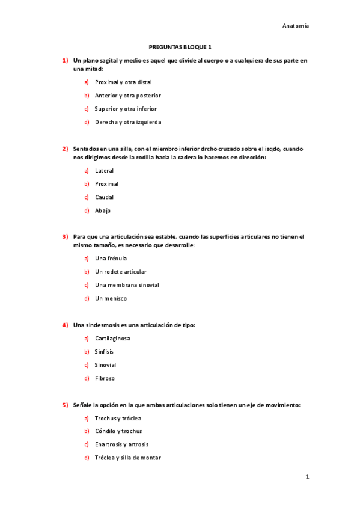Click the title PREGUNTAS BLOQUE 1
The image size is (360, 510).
[x=180, y=46]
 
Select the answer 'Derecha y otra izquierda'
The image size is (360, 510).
[x=127, y=122]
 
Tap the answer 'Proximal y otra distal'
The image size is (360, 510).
[x=123, y=82]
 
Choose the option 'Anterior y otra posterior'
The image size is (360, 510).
[x=127, y=95]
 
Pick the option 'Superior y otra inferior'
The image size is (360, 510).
[x=125, y=109]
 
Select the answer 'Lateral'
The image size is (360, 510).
[x=104, y=171]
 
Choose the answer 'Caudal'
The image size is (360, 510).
[x=104, y=197]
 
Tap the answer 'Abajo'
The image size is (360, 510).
[x=102, y=210]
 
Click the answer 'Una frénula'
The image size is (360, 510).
[x=111, y=259]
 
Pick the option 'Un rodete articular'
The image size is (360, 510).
[x=120, y=272]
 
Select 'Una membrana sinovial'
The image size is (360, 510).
[x=126, y=285]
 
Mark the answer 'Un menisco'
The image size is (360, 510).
[x=111, y=298]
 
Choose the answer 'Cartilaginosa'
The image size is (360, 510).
[x=112, y=339]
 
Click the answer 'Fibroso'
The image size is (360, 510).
[x=105, y=378]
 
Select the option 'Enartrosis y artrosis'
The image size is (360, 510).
[x=121, y=444]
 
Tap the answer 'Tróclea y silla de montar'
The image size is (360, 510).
[x=127, y=458]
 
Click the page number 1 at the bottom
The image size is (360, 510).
[x=307, y=477]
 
